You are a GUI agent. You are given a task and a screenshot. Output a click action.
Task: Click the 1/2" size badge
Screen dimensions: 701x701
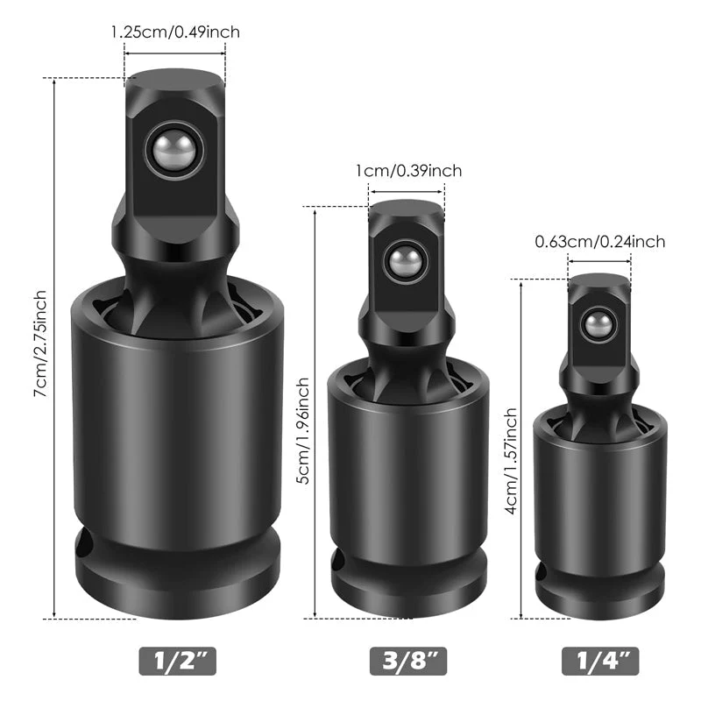point(178,661)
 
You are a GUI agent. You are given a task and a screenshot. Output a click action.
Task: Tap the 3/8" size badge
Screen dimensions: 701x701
point(408,661)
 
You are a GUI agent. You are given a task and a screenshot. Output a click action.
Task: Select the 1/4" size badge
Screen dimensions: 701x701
point(600,661)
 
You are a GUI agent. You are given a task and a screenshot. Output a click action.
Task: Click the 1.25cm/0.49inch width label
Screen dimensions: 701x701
point(175,32)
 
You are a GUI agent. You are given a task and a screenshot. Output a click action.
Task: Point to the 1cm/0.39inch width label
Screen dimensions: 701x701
point(408,171)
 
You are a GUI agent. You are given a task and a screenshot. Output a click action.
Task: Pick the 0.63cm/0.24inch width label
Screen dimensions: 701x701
point(600,242)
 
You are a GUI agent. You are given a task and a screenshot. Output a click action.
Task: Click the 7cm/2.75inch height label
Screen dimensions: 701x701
point(40,343)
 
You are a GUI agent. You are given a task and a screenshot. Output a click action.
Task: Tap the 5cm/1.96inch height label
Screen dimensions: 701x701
point(302,430)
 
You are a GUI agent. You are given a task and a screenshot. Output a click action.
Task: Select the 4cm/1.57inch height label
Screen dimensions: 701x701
point(510,461)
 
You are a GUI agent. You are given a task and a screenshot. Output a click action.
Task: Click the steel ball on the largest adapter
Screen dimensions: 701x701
point(174,150)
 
